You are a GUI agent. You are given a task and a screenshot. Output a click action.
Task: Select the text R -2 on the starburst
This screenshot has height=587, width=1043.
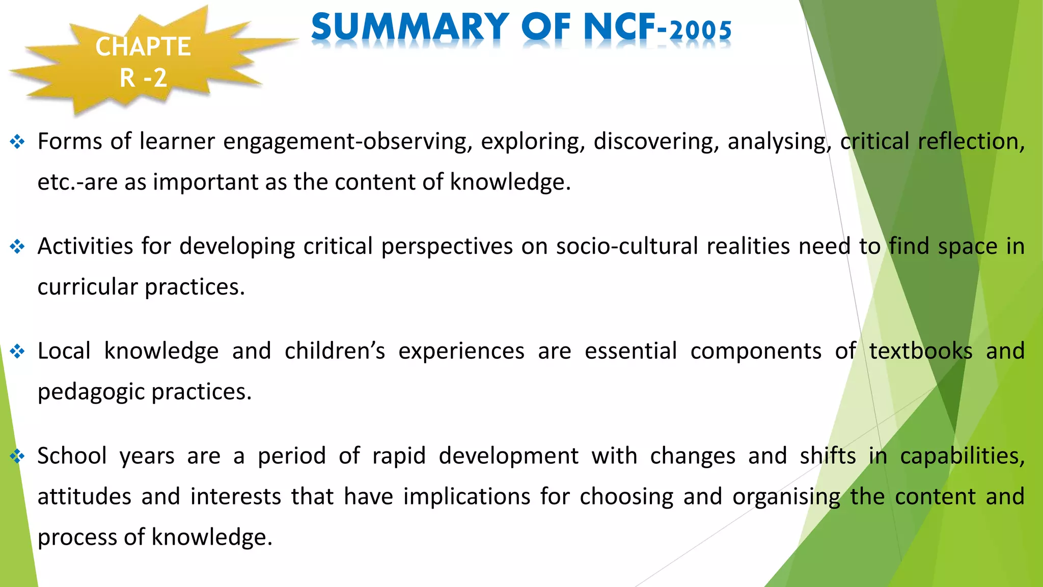click(143, 78)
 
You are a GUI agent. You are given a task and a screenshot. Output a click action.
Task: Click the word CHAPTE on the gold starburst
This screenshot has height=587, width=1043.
click(143, 47)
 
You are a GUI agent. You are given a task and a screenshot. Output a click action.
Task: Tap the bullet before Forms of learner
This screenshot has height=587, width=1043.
click(17, 142)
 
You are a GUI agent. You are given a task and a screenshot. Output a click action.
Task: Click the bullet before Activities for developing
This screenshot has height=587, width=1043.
click(17, 247)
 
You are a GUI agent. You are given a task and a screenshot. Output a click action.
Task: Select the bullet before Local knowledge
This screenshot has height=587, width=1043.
click(17, 352)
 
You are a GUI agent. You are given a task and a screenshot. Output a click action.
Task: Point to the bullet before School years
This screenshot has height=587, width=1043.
click(17, 456)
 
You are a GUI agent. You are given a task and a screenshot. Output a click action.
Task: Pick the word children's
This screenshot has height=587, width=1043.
click(335, 351)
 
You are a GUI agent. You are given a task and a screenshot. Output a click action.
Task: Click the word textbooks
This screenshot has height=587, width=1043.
click(921, 351)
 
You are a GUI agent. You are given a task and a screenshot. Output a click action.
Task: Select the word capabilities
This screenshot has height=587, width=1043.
click(962, 456)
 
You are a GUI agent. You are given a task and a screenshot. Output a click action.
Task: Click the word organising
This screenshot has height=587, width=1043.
click(786, 497)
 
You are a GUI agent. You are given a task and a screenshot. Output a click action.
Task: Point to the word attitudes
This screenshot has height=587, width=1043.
click(85, 497)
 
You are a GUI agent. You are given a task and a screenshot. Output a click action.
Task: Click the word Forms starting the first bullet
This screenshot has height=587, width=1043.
click(70, 142)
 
